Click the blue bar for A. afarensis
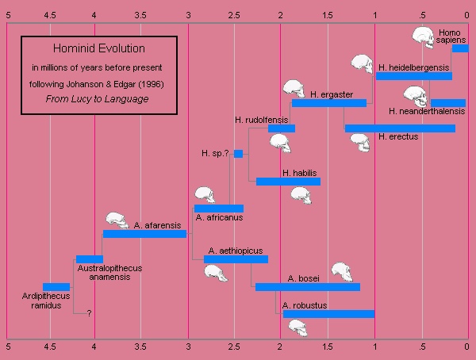coord(144,234)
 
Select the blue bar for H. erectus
coord(400,128)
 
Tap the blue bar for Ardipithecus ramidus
coord(56,286)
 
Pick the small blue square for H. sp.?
coord(238,154)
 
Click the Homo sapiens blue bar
coord(459,48)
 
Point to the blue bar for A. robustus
coord(328,313)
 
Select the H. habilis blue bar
coord(288,182)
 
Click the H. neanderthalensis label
coord(428,112)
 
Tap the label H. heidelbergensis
coord(414,67)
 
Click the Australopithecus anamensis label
coord(110,273)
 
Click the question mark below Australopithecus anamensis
coord(90,313)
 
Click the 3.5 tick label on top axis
coord(141,12)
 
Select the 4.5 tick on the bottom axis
coord(48,347)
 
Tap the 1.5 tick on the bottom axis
coord(327,347)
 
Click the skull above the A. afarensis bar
coord(117,220)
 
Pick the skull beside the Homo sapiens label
coord(424,36)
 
